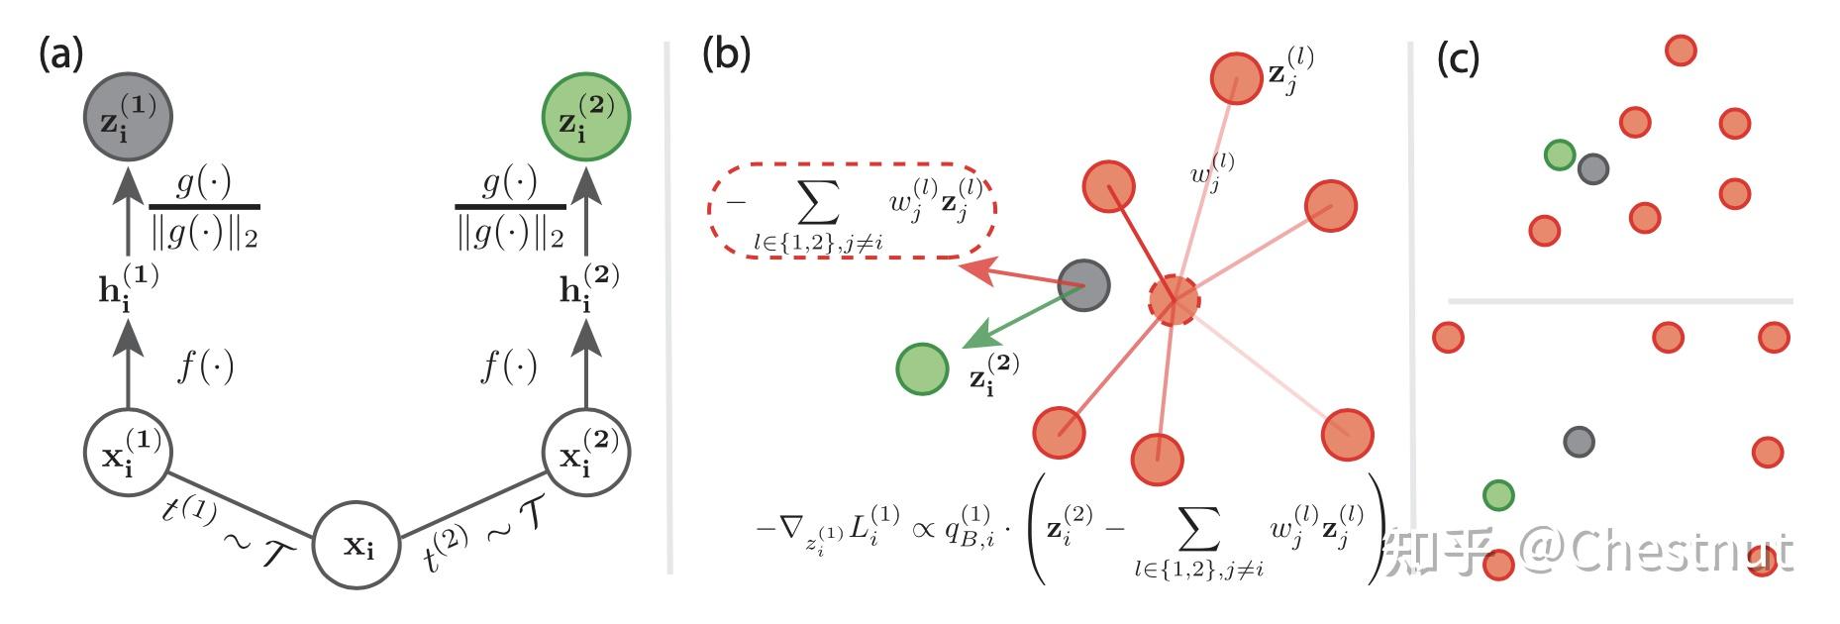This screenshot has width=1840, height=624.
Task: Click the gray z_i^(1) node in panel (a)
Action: coord(128,118)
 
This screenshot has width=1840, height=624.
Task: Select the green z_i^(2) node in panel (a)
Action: coord(585,118)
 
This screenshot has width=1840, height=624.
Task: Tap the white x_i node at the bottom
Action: coord(358,546)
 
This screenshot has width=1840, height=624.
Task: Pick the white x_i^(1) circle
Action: coord(128,453)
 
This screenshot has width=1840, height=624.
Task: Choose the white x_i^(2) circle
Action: coord(585,453)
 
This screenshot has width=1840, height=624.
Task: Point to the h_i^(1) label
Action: coord(126,287)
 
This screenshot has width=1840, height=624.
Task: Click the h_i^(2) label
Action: coord(587,287)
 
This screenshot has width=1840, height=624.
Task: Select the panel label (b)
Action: coord(725,54)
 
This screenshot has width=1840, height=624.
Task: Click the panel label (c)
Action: coord(1458,58)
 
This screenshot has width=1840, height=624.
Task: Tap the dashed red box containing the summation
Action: coord(852,211)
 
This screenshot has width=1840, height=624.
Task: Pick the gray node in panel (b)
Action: coord(1083,285)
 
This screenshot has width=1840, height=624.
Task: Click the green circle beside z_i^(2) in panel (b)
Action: coord(922,368)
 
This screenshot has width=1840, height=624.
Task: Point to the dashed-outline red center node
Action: coord(1175,298)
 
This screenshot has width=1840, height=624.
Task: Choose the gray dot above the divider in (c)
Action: coord(1592,168)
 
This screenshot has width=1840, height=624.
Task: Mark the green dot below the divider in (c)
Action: coord(1498,494)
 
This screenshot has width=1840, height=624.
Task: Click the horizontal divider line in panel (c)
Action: coord(1620,299)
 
